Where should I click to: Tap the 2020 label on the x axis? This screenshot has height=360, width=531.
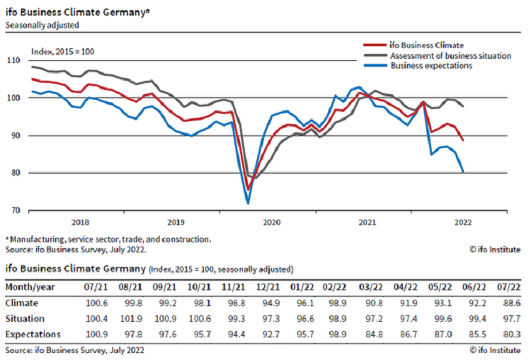273,222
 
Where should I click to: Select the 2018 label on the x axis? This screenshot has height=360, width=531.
81,222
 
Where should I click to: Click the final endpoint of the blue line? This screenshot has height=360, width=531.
463,171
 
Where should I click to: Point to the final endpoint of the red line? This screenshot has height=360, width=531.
463,140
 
